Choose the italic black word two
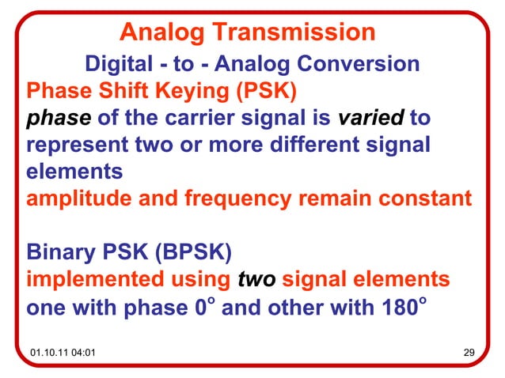257,280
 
